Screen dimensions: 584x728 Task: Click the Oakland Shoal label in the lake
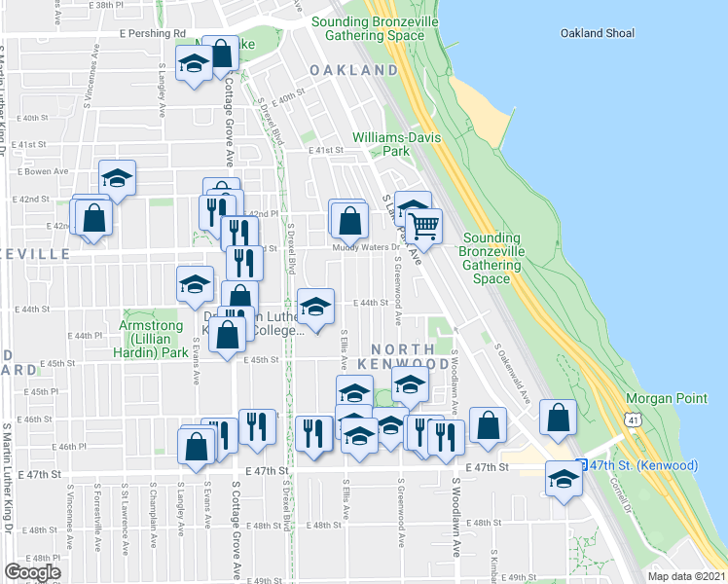click(598, 33)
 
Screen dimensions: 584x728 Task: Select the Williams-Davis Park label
click(395, 144)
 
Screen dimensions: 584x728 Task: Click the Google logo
click(32, 572)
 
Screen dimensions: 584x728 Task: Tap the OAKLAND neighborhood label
click(353, 70)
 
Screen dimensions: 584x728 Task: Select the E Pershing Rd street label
click(153, 33)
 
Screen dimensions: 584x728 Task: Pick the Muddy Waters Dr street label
click(367, 247)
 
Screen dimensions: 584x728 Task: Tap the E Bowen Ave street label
click(41, 171)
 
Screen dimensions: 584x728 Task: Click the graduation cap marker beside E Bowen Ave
click(117, 178)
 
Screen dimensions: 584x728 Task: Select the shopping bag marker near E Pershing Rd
click(222, 54)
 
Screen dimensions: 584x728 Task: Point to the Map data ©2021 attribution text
click(686, 575)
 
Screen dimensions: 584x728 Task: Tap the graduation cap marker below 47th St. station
click(563, 478)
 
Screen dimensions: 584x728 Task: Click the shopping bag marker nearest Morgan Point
click(558, 418)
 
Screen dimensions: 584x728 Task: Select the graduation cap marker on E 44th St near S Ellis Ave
click(314, 307)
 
